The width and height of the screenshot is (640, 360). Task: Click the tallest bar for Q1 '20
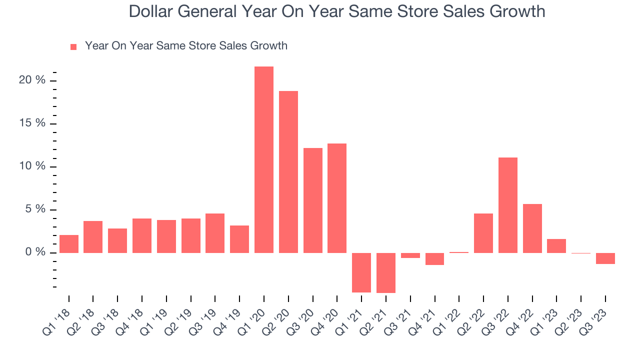click(x=264, y=160)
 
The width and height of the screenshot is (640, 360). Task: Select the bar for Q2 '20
click(x=288, y=172)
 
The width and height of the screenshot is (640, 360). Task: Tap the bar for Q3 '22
click(x=508, y=205)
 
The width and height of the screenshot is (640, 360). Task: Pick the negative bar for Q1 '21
click(x=361, y=272)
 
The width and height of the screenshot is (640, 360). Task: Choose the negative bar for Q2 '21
click(x=386, y=273)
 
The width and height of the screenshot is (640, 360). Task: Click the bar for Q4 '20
click(x=337, y=198)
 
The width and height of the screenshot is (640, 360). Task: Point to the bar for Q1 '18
click(x=69, y=244)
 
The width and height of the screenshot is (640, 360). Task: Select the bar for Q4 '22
click(x=532, y=228)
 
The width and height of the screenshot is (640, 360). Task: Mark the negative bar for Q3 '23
click(x=605, y=258)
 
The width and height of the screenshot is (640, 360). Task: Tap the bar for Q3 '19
click(x=215, y=233)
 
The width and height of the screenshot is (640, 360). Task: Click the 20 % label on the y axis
click(x=32, y=80)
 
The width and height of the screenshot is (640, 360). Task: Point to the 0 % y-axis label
click(x=35, y=252)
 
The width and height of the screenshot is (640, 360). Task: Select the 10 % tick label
click(x=32, y=166)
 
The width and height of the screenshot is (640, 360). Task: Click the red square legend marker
click(x=73, y=46)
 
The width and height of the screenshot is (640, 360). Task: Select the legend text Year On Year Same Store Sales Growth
click(x=186, y=46)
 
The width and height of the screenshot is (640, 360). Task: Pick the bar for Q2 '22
click(x=483, y=233)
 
